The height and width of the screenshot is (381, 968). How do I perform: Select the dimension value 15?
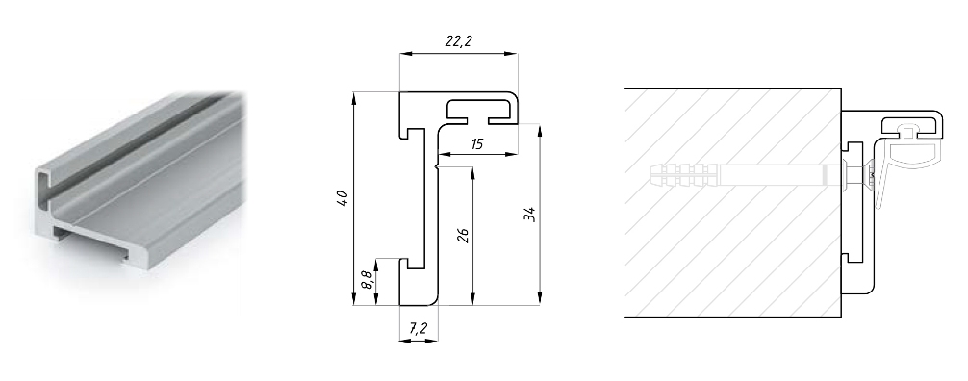click(477, 144)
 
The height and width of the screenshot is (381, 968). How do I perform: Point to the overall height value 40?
click(343, 199)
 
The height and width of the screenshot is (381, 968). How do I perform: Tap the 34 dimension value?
click(528, 215)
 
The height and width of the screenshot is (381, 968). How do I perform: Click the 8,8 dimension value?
click(365, 282)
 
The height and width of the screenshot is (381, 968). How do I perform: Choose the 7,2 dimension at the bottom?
click(419, 328)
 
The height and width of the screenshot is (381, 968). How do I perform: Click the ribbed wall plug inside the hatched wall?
click(682, 176)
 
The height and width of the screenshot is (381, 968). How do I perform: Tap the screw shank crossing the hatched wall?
click(779, 176)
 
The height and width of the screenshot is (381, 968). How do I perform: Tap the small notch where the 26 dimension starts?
click(439, 168)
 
